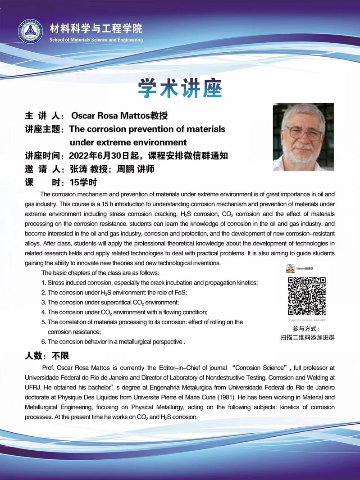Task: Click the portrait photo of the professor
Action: click(x=303, y=137)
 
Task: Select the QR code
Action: click(x=307, y=296)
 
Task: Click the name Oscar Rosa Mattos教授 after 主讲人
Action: click(x=119, y=116)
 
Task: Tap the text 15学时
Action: click(x=83, y=182)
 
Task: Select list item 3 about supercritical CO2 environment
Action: click(x=110, y=302)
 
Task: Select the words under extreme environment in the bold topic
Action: click(x=128, y=143)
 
